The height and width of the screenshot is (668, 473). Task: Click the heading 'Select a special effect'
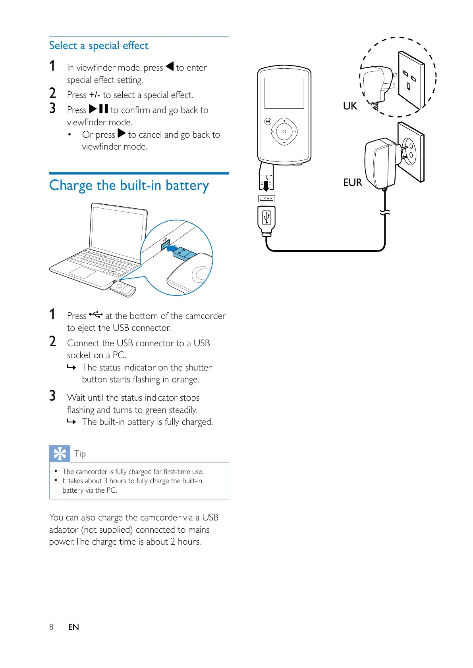[x=98, y=46]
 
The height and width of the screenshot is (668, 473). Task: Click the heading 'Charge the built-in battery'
[x=129, y=185]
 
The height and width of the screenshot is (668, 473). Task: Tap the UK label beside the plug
[x=350, y=106]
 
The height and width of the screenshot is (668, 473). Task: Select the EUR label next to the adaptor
[x=352, y=182]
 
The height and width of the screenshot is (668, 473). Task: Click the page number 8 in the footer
[x=51, y=627]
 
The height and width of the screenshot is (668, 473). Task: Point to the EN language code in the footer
[x=73, y=627]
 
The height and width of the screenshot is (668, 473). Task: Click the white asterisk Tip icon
[x=60, y=453]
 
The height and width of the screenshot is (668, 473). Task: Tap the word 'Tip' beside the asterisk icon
[x=80, y=453]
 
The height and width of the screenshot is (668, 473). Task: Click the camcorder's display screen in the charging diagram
[x=284, y=93]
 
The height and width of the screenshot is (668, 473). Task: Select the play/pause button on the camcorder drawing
[x=268, y=121]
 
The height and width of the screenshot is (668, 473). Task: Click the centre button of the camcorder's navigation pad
[x=284, y=131]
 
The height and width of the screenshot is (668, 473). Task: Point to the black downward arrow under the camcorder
[x=266, y=185]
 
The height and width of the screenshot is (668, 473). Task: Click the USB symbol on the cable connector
[x=266, y=217]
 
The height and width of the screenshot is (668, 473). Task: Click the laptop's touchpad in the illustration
[x=83, y=272]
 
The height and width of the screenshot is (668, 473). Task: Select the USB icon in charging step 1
[x=96, y=315]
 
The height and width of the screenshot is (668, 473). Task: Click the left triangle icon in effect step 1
[x=170, y=66]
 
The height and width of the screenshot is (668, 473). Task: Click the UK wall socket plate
[x=411, y=80]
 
